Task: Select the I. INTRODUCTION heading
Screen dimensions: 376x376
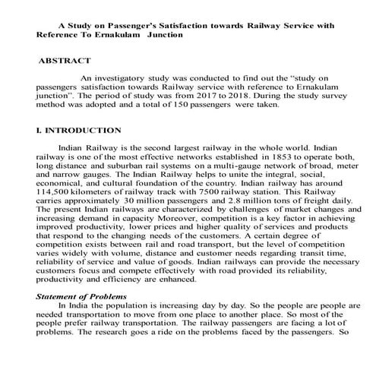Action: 78,131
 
